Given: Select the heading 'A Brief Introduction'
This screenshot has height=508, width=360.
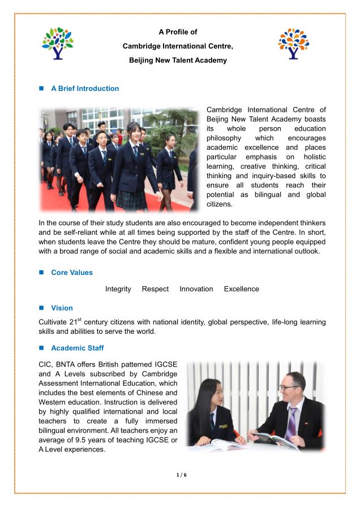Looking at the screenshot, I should (85, 88).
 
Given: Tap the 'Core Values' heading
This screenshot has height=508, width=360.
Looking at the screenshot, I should (72, 272).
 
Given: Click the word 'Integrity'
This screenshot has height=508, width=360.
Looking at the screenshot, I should (118, 289).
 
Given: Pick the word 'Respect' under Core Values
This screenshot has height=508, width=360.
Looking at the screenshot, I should (155, 289).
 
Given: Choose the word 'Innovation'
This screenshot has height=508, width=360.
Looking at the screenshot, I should (196, 289).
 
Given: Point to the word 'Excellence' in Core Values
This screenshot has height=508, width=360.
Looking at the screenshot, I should (242, 289).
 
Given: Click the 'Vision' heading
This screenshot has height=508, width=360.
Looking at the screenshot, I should (62, 308).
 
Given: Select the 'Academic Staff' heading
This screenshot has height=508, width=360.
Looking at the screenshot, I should (78, 348).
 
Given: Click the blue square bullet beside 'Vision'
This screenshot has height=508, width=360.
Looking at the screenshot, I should (41, 308).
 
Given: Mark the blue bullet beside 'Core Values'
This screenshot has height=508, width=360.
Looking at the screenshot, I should (41, 272).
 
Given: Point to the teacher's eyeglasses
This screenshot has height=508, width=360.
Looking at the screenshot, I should (289, 388).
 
